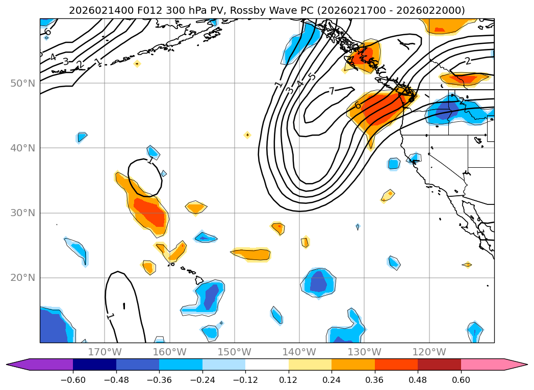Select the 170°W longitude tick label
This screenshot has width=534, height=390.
(105, 352)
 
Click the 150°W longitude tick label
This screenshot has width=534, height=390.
(234, 352)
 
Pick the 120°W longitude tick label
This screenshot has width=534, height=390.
(429, 352)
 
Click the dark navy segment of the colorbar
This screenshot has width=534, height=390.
(94, 364)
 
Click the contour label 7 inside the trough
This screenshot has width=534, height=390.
(332, 91)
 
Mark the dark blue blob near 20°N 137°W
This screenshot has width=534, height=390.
(319, 282)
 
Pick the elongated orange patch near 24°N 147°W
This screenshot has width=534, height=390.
(252, 254)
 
